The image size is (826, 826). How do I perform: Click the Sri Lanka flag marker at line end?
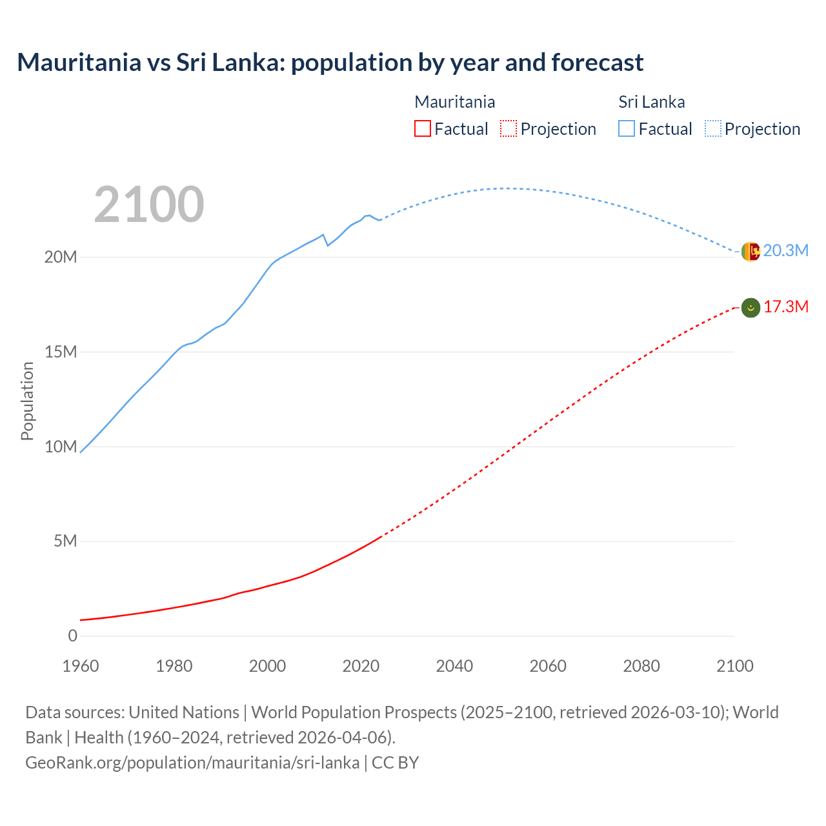point(750,252)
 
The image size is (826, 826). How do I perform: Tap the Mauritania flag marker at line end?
point(750,308)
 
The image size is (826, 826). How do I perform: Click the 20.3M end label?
point(785,251)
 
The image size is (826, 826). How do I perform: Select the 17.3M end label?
point(785,307)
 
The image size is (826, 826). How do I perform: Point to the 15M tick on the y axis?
point(61,352)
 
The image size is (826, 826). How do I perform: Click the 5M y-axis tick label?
point(65,541)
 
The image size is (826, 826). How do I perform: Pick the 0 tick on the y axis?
point(72,636)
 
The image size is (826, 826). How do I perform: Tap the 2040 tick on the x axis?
point(454,666)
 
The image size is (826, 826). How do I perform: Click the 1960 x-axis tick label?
point(81,666)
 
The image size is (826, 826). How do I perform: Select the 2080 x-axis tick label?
point(641,666)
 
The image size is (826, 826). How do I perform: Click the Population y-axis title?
point(27,401)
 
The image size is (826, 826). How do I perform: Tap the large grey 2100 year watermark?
point(149,205)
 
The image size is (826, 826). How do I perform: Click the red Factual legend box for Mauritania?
point(423,128)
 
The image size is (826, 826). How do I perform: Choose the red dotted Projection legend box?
point(509,128)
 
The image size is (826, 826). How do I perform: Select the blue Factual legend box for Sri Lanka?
point(627,128)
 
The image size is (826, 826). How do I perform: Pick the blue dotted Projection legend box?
point(712,128)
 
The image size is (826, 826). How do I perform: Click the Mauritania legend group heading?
point(454,102)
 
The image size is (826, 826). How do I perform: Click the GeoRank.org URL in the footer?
point(192,763)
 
